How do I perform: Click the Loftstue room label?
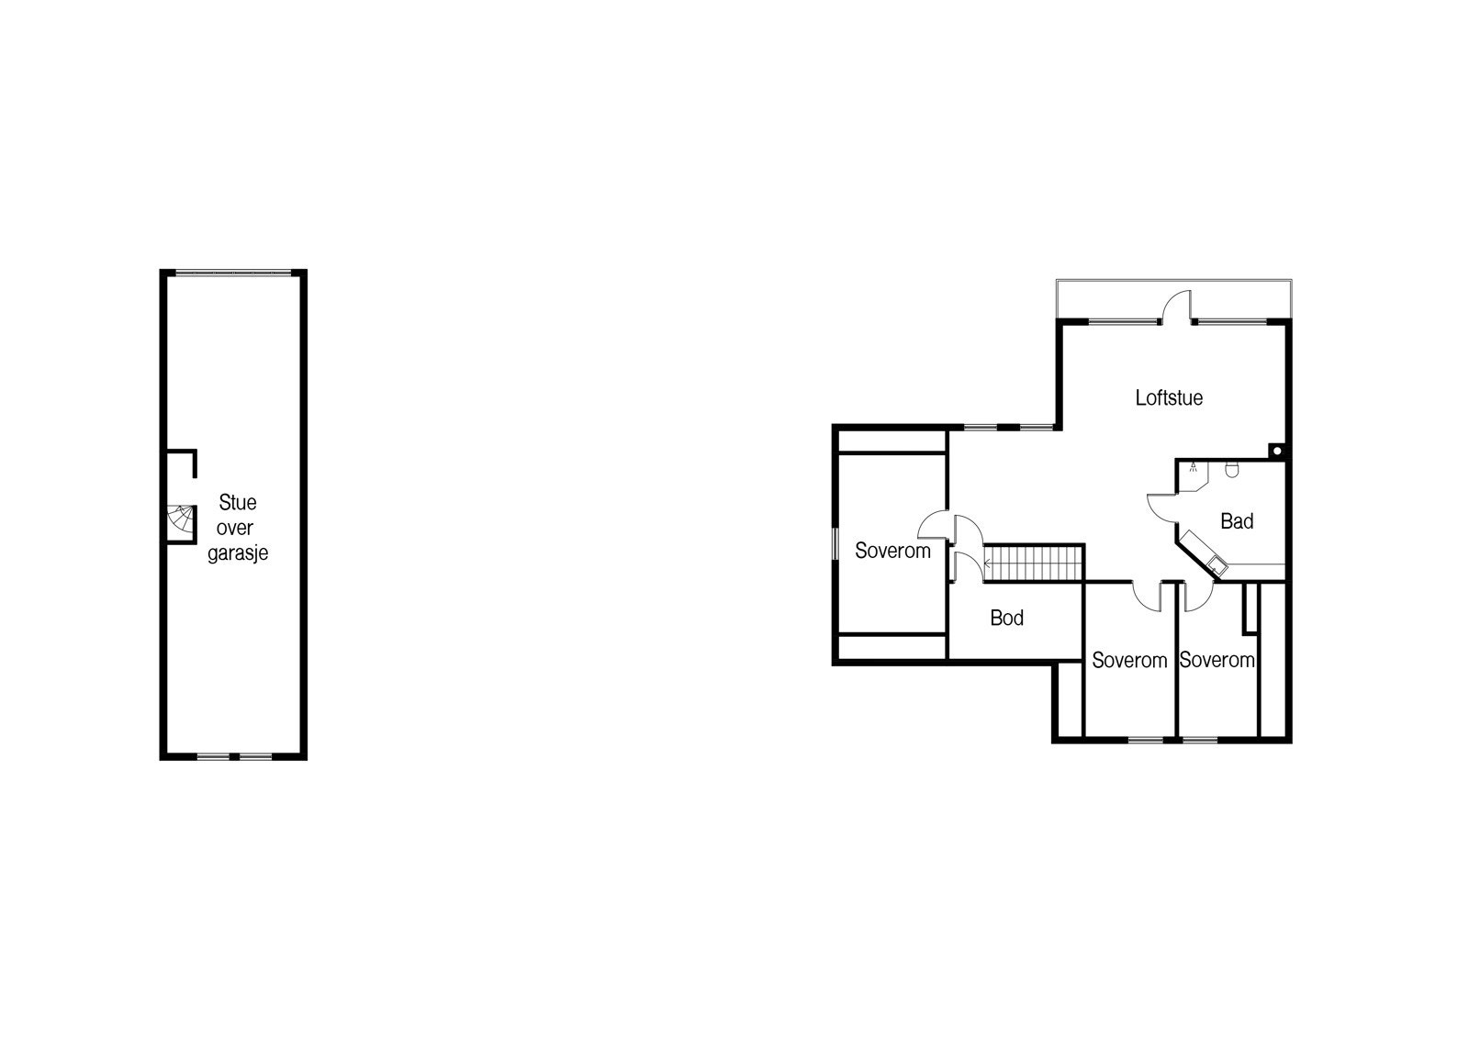(x=1170, y=397)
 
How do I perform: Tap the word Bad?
(x=1237, y=521)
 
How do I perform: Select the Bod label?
(x=1006, y=618)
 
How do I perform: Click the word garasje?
(x=238, y=553)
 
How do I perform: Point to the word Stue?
(x=238, y=502)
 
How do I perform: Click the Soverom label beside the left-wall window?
(x=892, y=551)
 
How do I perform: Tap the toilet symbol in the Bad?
(x=1232, y=469)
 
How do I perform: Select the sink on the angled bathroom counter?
(x=1217, y=566)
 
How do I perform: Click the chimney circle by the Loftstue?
(x=1277, y=452)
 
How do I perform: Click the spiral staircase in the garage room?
(x=182, y=520)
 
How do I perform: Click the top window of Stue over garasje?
(x=233, y=273)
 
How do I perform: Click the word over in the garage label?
(x=235, y=528)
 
